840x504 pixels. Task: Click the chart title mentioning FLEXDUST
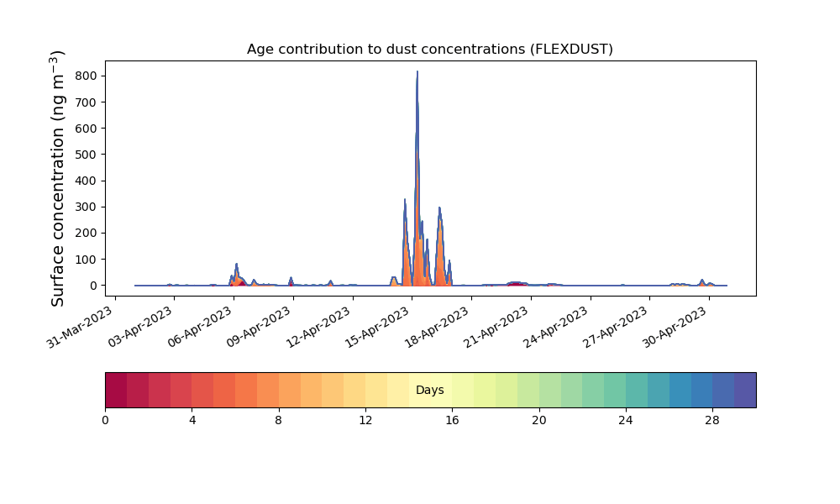coord(429,50)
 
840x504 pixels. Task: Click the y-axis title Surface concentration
coord(57,178)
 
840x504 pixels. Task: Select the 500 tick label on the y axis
coord(87,155)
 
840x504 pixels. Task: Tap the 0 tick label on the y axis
coord(94,286)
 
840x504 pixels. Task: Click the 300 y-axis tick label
coord(87,207)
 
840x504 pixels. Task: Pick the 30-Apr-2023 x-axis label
coord(675,327)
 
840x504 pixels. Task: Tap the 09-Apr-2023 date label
coord(259,327)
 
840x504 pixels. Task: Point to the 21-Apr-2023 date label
coord(496,327)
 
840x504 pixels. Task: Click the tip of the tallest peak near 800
coord(417,71)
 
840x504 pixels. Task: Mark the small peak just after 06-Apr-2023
coord(236,264)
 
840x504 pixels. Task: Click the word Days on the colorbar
coord(429,390)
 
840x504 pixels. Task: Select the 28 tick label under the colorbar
coord(712,421)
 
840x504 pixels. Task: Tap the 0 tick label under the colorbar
coord(105,421)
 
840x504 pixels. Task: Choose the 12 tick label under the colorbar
coord(365,421)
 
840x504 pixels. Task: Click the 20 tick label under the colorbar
coord(539,421)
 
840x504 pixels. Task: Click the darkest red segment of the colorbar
coord(116,390)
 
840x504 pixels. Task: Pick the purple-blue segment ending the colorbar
coord(745,390)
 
